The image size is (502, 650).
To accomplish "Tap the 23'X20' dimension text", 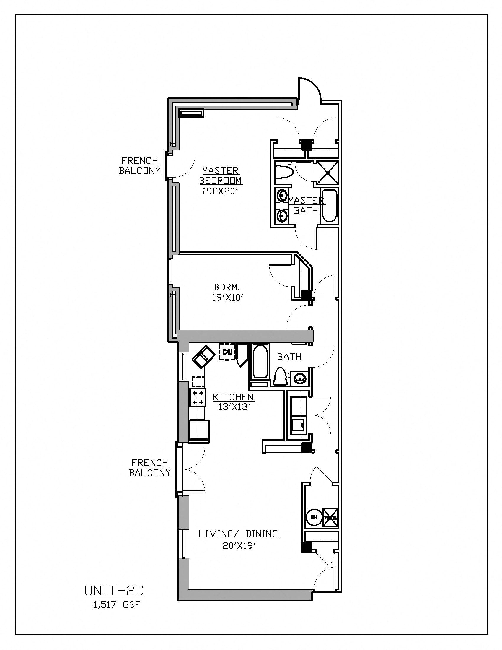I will coord(220,192).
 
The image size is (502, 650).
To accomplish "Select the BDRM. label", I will coord(227,287).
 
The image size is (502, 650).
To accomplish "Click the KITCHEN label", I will coord(233,397).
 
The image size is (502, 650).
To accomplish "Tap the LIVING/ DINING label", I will coord(238,534).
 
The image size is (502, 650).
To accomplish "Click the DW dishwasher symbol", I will coord(227,352).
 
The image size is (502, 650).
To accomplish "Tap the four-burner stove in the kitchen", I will coord(198,398).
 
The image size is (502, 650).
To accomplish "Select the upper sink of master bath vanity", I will coord(281,196).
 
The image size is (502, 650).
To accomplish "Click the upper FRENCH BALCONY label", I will coord(140,165).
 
